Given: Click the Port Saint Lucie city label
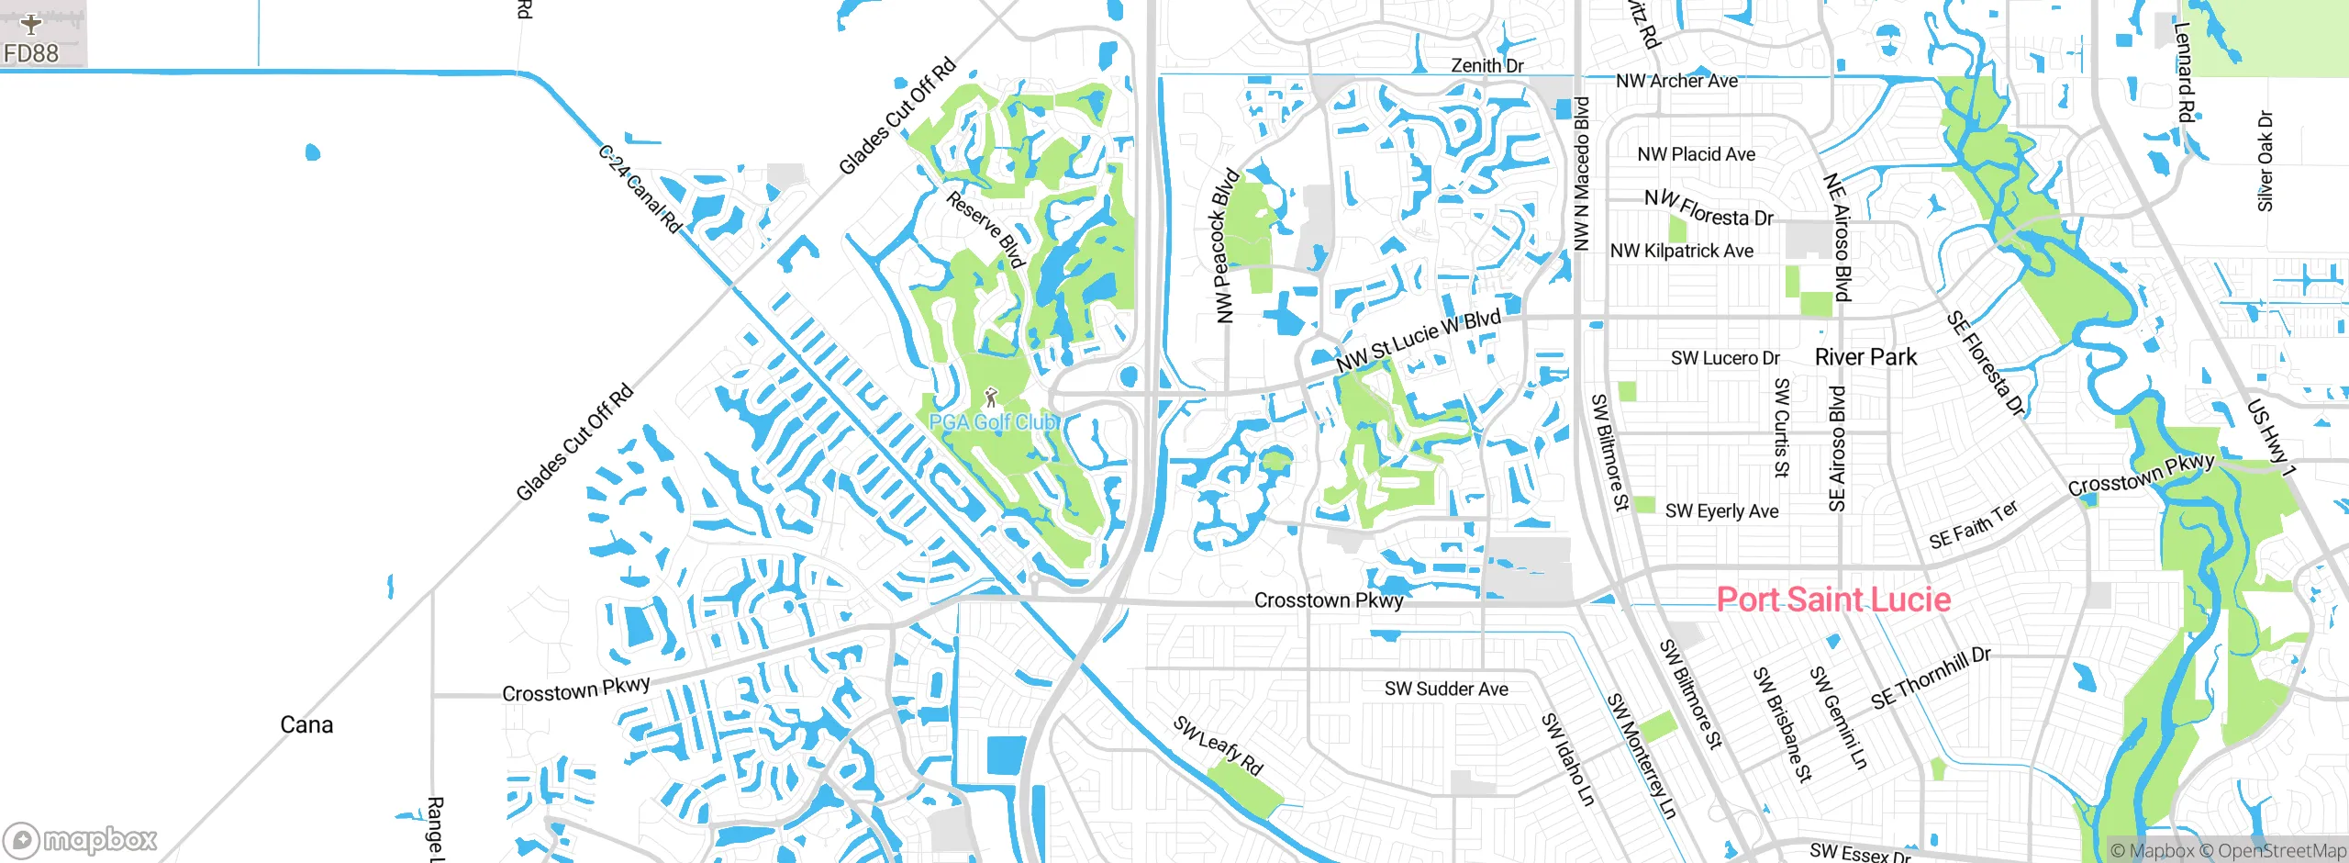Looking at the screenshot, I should click(1832, 600).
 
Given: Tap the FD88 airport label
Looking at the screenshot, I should click(31, 53).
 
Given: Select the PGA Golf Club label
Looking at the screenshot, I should click(994, 422).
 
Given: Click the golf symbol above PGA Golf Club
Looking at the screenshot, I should click(990, 398).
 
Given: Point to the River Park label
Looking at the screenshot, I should click(1865, 357).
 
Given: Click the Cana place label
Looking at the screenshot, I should click(306, 725).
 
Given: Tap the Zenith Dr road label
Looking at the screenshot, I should click(1486, 65).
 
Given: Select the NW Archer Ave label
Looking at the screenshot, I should click(1676, 81).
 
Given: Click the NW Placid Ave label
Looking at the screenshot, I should click(1696, 154).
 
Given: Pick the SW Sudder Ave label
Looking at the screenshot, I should click(1446, 689).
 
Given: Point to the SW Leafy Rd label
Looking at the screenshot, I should click(1218, 745).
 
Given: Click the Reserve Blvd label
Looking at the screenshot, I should click(985, 230).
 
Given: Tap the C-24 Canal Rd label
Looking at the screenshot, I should click(640, 189).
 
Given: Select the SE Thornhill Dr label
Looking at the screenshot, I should click(1931, 678).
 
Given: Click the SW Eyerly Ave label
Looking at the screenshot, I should click(1721, 511).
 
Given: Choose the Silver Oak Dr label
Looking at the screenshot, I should click(2265, 162).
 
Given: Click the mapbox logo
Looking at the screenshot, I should click(81, 839).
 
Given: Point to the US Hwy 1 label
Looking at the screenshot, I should click(2270, 438).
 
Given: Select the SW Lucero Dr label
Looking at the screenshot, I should click(1725, 358).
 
